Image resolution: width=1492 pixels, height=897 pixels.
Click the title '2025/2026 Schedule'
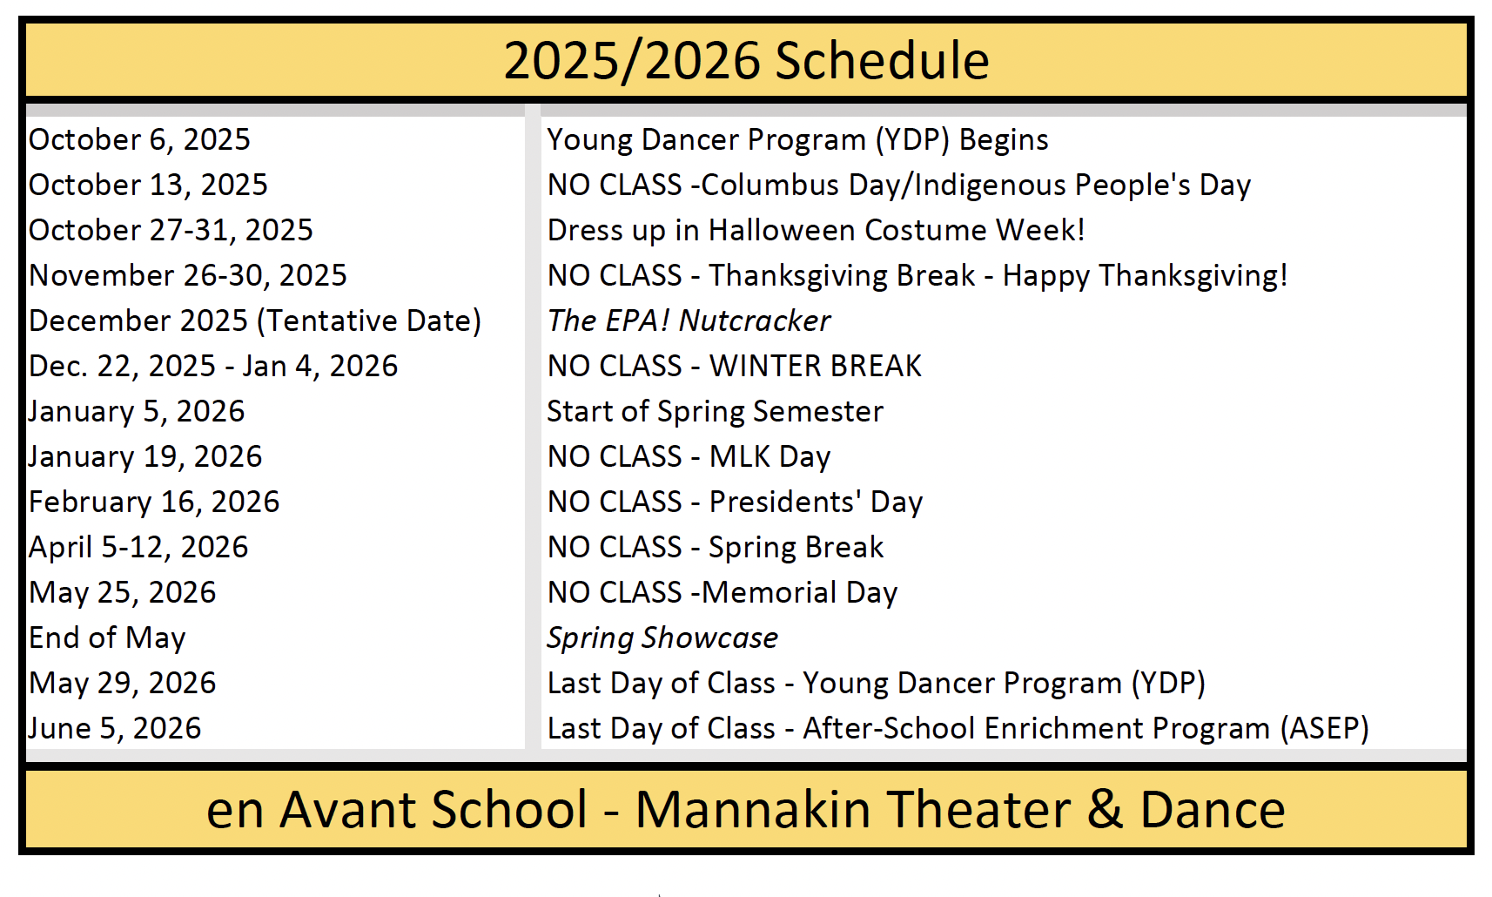[x=746, y=61]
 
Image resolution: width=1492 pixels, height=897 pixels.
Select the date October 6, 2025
[x=139, y=140]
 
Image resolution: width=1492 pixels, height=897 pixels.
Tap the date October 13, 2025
[x=148, y=185]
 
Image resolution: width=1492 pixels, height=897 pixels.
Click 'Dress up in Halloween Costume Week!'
[x=816, y=231]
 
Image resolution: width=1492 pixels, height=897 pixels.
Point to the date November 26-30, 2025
[x=188, y=276]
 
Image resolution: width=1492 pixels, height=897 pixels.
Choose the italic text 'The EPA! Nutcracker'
[x=689, y=321]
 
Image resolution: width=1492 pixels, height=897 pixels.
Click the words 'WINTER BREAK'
[x=816, y=367]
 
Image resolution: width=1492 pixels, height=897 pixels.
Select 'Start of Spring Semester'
[x=716, y=412]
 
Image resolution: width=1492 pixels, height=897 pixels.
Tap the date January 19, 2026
[x=145, y=457]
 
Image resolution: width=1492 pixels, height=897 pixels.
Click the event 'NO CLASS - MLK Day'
[x=689, y=457]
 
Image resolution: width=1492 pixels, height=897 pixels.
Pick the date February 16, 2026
[x=154, y=502]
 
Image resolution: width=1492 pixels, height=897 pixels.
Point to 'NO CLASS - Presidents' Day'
[x=735, y=502]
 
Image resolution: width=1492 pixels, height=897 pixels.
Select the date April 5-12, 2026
[x=138, y=548]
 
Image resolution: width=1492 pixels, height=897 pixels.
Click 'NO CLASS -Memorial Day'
[x=722, y=593]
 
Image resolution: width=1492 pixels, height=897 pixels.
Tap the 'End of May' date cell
[x=107, y=638]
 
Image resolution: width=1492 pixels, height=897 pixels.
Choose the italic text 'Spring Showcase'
[x=662, y=638]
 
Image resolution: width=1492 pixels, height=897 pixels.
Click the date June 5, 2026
[x=115, y=728]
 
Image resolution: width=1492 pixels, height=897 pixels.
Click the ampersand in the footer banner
[x=1105, y=810]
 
